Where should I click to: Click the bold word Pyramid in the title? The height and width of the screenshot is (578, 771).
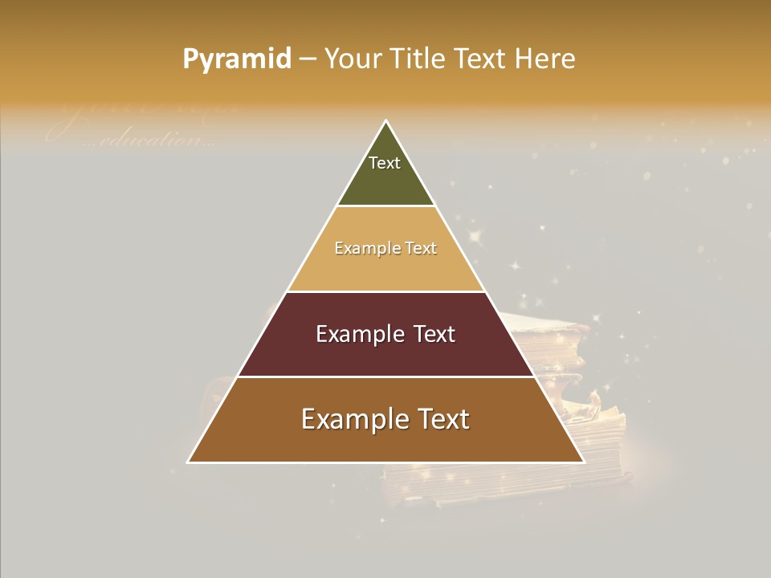pos(236,59)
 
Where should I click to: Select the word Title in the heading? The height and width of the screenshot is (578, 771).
pos(418,59)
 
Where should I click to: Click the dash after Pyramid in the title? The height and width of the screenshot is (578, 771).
pos(308,59)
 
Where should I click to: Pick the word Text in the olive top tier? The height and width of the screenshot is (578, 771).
pos(385,163)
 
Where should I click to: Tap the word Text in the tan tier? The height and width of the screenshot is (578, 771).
pos(421,249)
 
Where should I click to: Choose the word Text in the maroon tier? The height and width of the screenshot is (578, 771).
pos(434,334)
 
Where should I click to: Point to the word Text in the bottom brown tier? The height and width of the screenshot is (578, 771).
pos(443,419)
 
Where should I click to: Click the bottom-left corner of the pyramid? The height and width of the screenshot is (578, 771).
pos(189,462)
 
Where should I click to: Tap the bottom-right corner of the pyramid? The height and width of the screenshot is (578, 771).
pos(583,462)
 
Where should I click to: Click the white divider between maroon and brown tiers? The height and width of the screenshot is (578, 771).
pos(385,377)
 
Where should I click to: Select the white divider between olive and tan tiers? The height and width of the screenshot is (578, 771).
pos(385,206)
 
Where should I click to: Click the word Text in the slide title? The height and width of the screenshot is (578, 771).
pos(481,59)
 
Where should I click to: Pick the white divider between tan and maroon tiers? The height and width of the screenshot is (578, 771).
pos(385,291)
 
